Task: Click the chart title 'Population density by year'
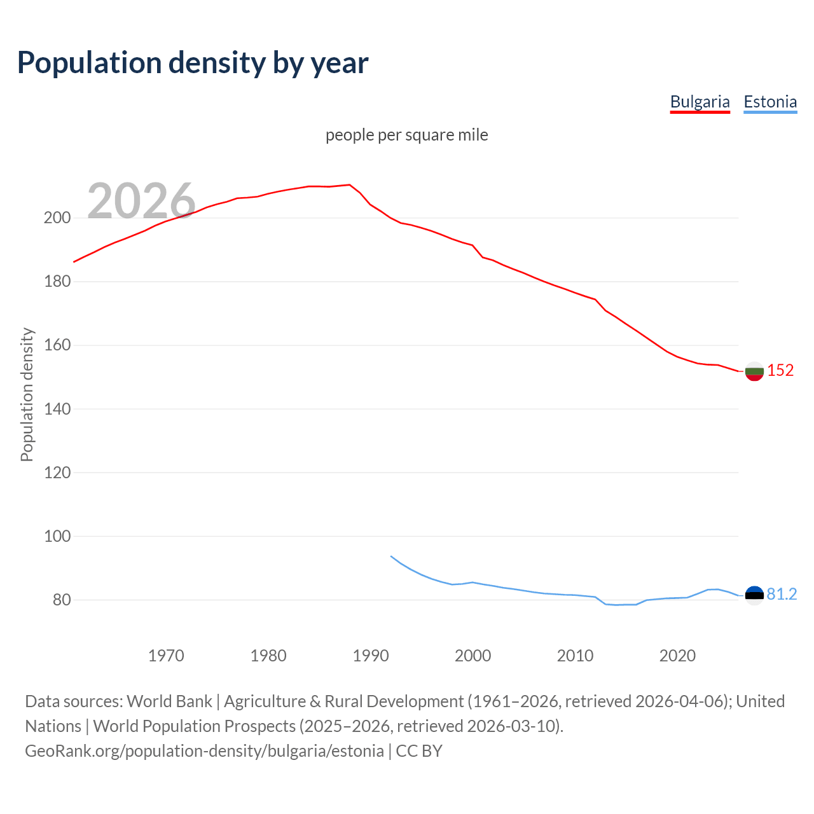pyautogui.click(x=193, y=62)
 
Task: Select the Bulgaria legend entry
pyautogui.click(x=700, y=102)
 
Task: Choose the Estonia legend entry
pyautogui.click(x=770, y=102)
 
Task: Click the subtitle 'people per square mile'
pyautogui.click(x=406, y=135)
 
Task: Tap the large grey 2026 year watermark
pyautogui.click(x=141, y=201)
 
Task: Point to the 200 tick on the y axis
pyautogui.click(x=57, y=218)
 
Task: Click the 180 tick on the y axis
pyautogui.click(x=57, y=282)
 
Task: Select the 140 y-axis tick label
pyautogui.click(x=57, y=409)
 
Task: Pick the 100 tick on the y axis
pyautogui.click(x=57, y=536)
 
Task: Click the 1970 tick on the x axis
pyautogui.click(x=166, y=656)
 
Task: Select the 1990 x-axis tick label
pyautogui.click(x=371, y=656)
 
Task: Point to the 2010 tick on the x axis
pyautogui.click(x=575, y=656)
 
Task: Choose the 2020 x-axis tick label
pyautogui.click(x=677, y=656)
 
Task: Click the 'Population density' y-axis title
pyautogui.click(x=27, y=394)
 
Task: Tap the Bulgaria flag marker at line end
pyautogui.click(x=754, y=371)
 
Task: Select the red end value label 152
pyautogui.click(x=780, y=371)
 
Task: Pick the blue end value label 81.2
pyautogui.click(x=782, y=594)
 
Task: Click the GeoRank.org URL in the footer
pyautogui.click(x=204, y=751)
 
